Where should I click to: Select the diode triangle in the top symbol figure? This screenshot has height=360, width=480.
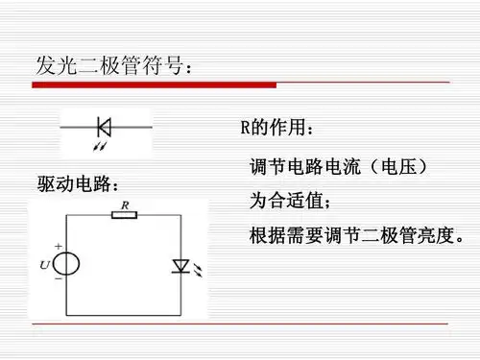point(104,125)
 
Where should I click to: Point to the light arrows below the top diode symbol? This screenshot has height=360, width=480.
point(101,144)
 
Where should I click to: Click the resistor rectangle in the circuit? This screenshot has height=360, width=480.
point(125,214)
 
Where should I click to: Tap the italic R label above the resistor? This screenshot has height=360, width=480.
point(125,203)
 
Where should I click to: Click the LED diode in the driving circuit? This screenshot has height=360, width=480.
point(180,266)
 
